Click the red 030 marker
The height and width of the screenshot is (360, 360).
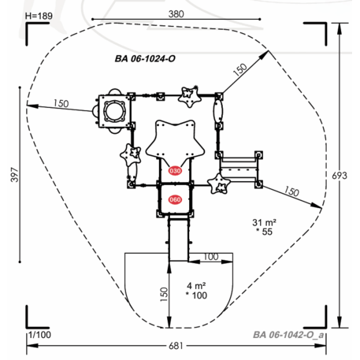pos(175,171)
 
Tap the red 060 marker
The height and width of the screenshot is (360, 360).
pos(175,200)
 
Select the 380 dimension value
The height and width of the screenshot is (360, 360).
pos(176,14)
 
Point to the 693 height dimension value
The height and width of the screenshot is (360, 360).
pos(340,176)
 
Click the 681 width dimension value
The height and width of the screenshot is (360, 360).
pos(176,346)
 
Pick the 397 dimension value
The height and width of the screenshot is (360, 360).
pos(15,175)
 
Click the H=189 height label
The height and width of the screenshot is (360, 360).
pos(39,16)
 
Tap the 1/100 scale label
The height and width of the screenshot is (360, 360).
pos(39,335)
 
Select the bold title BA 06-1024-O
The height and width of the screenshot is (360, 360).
pos(145,58)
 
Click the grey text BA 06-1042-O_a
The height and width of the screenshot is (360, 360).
pos(288,335)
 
